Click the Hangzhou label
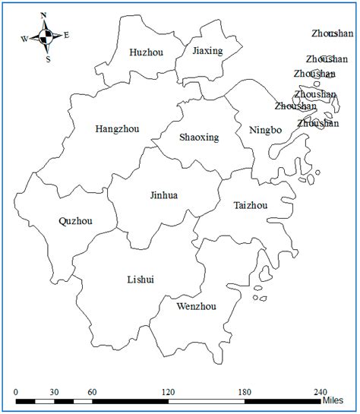[x=117, y=128]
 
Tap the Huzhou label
[x=146, y=52]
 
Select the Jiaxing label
[x=207, y=51]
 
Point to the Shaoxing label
[x=199, y=137]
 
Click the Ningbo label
[x=265, y=131]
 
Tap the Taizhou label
[x=250, y=205]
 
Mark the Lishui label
[x=141, y=280]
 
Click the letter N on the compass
[x=44, y=15]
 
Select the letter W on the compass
[x=24, y=38]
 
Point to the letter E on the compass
[x=67, y=34]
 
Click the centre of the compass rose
[x=46, y=36]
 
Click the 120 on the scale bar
[x=168, y=392]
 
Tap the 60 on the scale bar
[x=91, y=392]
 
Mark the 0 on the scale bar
[x=17, y=392]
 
